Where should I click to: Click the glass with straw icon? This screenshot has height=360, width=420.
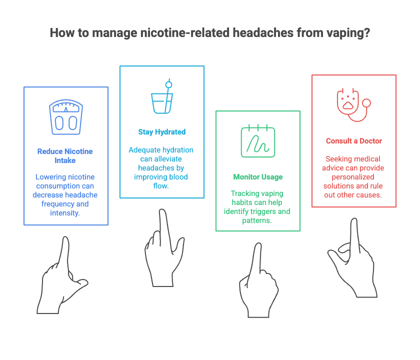161,97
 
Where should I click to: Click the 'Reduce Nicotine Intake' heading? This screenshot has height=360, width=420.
65,156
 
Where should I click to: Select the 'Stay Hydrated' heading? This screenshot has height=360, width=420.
161,132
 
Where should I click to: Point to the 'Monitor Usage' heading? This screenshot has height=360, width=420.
257,177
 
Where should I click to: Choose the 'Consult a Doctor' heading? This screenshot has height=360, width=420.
353,141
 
